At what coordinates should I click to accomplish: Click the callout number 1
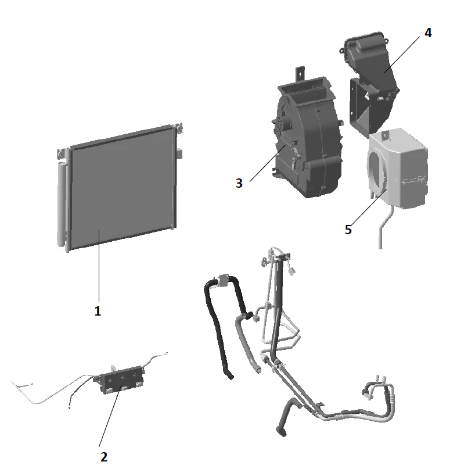(x=98, y=311)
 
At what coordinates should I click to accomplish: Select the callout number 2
(x=104, y=456)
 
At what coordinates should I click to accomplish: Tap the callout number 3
(x=239, y=182)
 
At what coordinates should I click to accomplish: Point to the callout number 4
(x=428, y=33)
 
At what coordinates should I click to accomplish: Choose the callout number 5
(x=348, y=229)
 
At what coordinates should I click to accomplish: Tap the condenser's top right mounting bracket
(x=179, y=127)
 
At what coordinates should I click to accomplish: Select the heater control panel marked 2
(x=119, y=379)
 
